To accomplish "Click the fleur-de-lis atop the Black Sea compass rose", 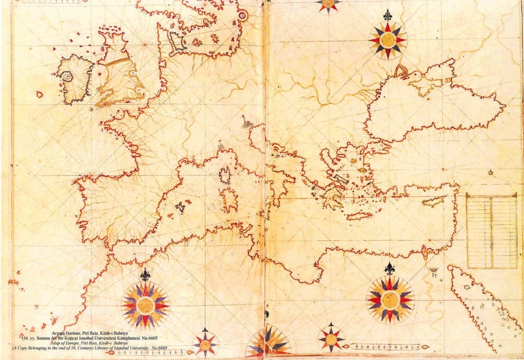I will click(x=387, y=14).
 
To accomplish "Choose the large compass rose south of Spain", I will click(x=145, y=305).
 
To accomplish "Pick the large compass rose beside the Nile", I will click(x=390, y=299).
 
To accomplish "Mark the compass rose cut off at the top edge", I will click(x=328, y=4).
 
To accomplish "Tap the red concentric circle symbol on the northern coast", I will click(x=242, y=16).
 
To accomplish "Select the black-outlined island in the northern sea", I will click(x=177, y=41).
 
